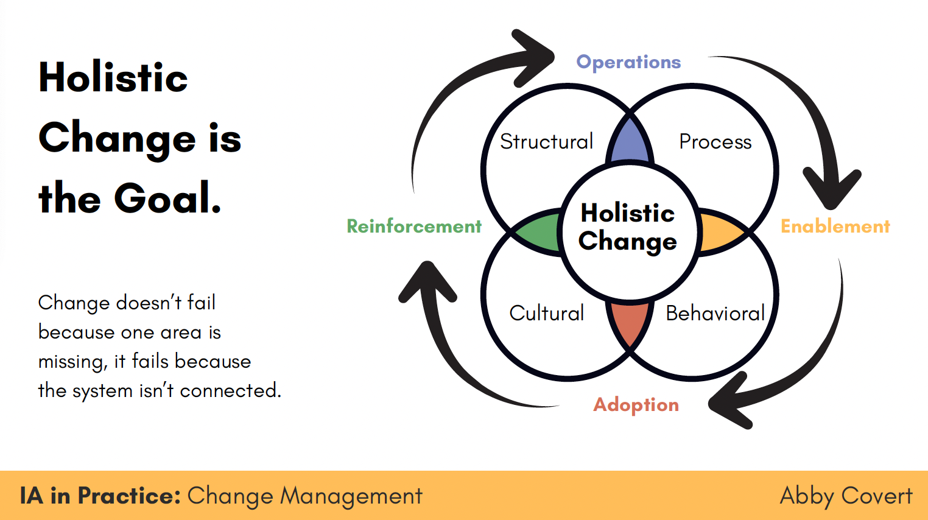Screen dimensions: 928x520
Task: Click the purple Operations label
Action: coord(628,63)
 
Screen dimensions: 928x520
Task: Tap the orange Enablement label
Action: coord(835,227)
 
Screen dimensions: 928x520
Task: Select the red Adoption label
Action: coord(636,405)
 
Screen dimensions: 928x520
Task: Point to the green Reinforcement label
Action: coord(414,227)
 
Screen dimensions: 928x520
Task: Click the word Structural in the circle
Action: coord(546,141)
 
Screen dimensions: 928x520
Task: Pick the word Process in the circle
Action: coord(715,142)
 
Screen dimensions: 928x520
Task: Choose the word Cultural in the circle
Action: coord(546,313)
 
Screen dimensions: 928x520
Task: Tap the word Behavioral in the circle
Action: coord(715,313)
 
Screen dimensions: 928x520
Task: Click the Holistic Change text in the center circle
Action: coord(628,227)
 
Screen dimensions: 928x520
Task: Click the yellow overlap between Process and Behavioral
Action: coord(720,232)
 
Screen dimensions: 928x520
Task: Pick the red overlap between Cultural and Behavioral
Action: coord(630,321)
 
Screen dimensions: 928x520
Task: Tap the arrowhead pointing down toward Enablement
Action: coord(832,189)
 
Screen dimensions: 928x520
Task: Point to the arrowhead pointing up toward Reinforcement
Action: coord(427,282)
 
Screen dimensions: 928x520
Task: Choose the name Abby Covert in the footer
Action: coord(846,496)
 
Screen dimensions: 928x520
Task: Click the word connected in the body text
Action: coord(230,390)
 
